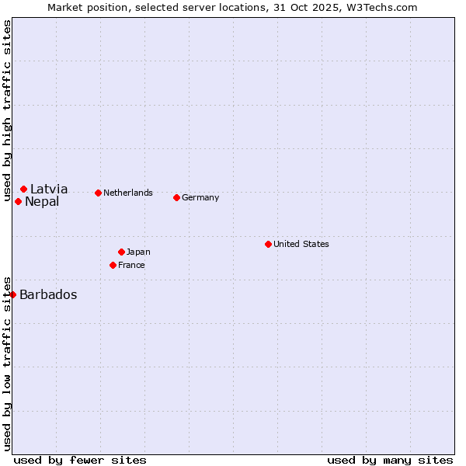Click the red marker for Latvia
[24, 189]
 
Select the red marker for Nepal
[18, 202]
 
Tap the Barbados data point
[13, 294]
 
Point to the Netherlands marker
[98, 193]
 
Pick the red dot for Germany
[176, 197]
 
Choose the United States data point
[268, 244]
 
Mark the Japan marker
[121, 252]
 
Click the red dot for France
[113, 265]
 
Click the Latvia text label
[49, 189]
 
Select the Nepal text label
[42, 202]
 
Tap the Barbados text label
[48, 294]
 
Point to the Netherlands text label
[128, 193]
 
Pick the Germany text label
[200, 197]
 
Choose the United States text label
[301, 244]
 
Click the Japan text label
[138, 252]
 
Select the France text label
[131, 265]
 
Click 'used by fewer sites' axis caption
[80, 460]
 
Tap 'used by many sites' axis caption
[390, 460]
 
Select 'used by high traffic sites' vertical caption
[7, 111]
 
